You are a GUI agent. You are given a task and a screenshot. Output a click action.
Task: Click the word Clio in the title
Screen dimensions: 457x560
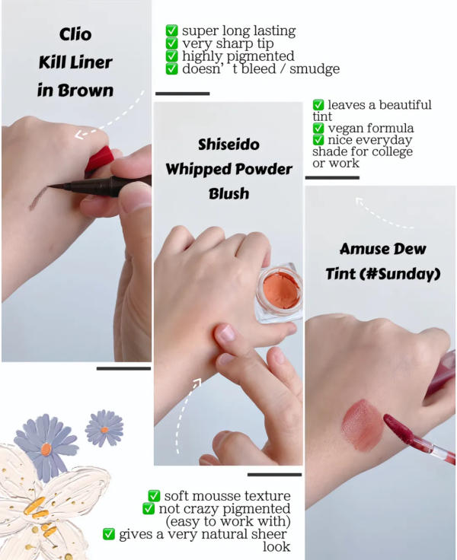click(75, 34)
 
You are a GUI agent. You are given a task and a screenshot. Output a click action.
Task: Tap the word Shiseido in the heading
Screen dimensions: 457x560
click(228, 145)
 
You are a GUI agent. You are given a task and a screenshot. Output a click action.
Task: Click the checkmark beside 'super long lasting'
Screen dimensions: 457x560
click(172, 30)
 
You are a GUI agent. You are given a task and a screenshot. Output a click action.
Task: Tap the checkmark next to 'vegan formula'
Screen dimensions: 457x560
click(318, 128)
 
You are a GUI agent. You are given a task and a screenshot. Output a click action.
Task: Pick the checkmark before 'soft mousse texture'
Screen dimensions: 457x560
click(154, 496)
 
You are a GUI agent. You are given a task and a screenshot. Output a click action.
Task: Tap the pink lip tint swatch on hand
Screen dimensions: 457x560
click(362, 425)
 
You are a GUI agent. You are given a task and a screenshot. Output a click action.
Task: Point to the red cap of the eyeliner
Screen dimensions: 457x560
click(99, 160)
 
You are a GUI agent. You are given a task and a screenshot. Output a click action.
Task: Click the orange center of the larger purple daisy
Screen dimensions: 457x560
click(46, 449)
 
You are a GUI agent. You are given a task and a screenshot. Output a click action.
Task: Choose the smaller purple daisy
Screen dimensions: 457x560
click(104, 428)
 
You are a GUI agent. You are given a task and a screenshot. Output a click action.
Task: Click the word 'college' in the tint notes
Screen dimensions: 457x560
click(392, 151)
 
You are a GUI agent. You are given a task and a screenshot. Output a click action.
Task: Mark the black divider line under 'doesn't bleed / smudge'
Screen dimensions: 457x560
click(182, 94)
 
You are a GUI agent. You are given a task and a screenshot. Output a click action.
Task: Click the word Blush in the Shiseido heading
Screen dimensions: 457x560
click(228, 193)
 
